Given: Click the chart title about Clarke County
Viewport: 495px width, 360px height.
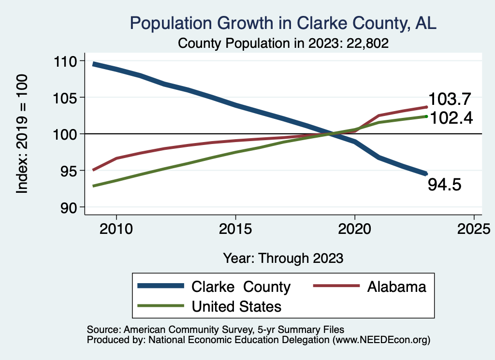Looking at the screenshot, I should [x=283, y=23].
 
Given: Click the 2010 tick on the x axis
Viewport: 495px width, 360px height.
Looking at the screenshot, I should [x=116, y=228].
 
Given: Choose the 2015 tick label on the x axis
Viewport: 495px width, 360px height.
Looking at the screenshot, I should [x=235, y=228].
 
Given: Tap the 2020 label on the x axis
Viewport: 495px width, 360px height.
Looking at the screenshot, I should [x=355, y=228].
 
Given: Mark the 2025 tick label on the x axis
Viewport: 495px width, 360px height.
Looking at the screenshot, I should [x=474, y=228].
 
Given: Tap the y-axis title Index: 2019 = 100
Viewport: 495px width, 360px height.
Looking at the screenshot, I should [x=22, y=134].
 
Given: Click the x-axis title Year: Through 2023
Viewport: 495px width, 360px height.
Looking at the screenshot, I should [x=283, y=258].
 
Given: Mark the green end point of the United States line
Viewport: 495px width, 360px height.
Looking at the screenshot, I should [x=426, y=116].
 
